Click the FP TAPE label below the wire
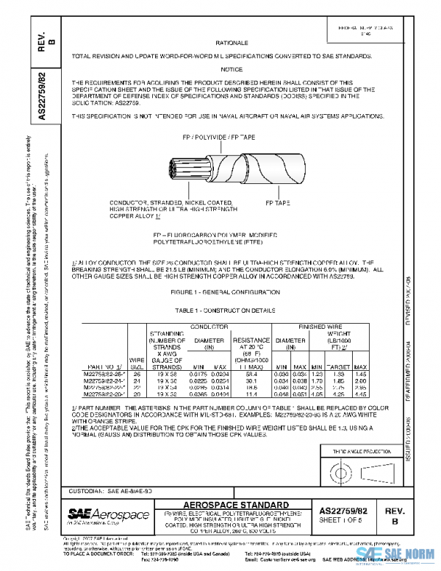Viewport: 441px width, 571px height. (277, 201)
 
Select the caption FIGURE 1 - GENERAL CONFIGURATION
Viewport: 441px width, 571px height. (228, 293)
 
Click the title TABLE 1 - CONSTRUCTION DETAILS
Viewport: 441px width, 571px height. (228, 312)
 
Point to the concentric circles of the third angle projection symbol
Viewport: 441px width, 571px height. (340, 468)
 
